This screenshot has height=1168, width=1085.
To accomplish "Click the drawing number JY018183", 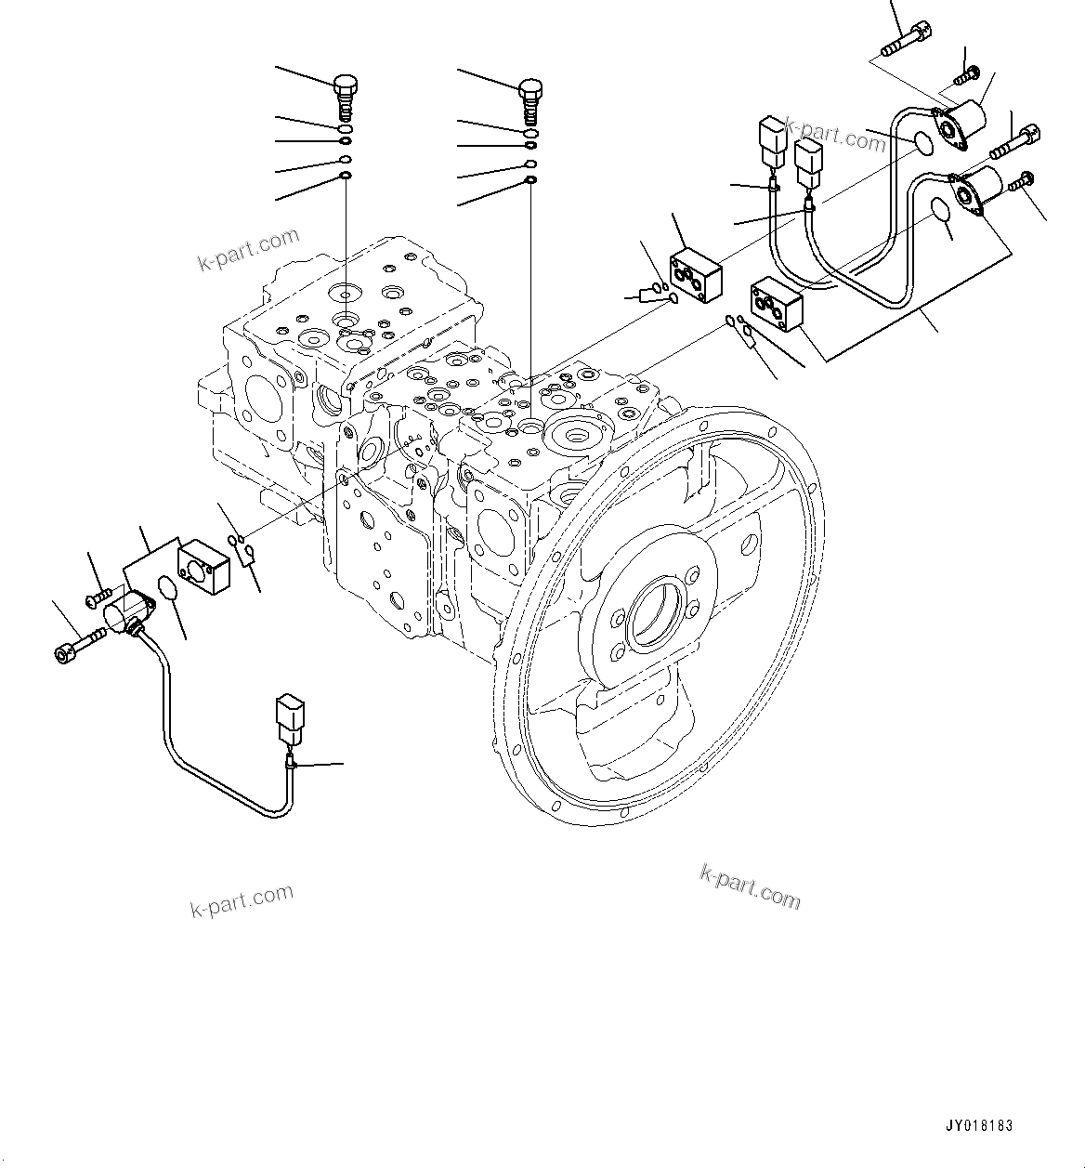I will pyautogui.click(x=980, y=1126).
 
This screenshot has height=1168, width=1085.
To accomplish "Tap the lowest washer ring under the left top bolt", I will pyautogui.click(x=345, y=176).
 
